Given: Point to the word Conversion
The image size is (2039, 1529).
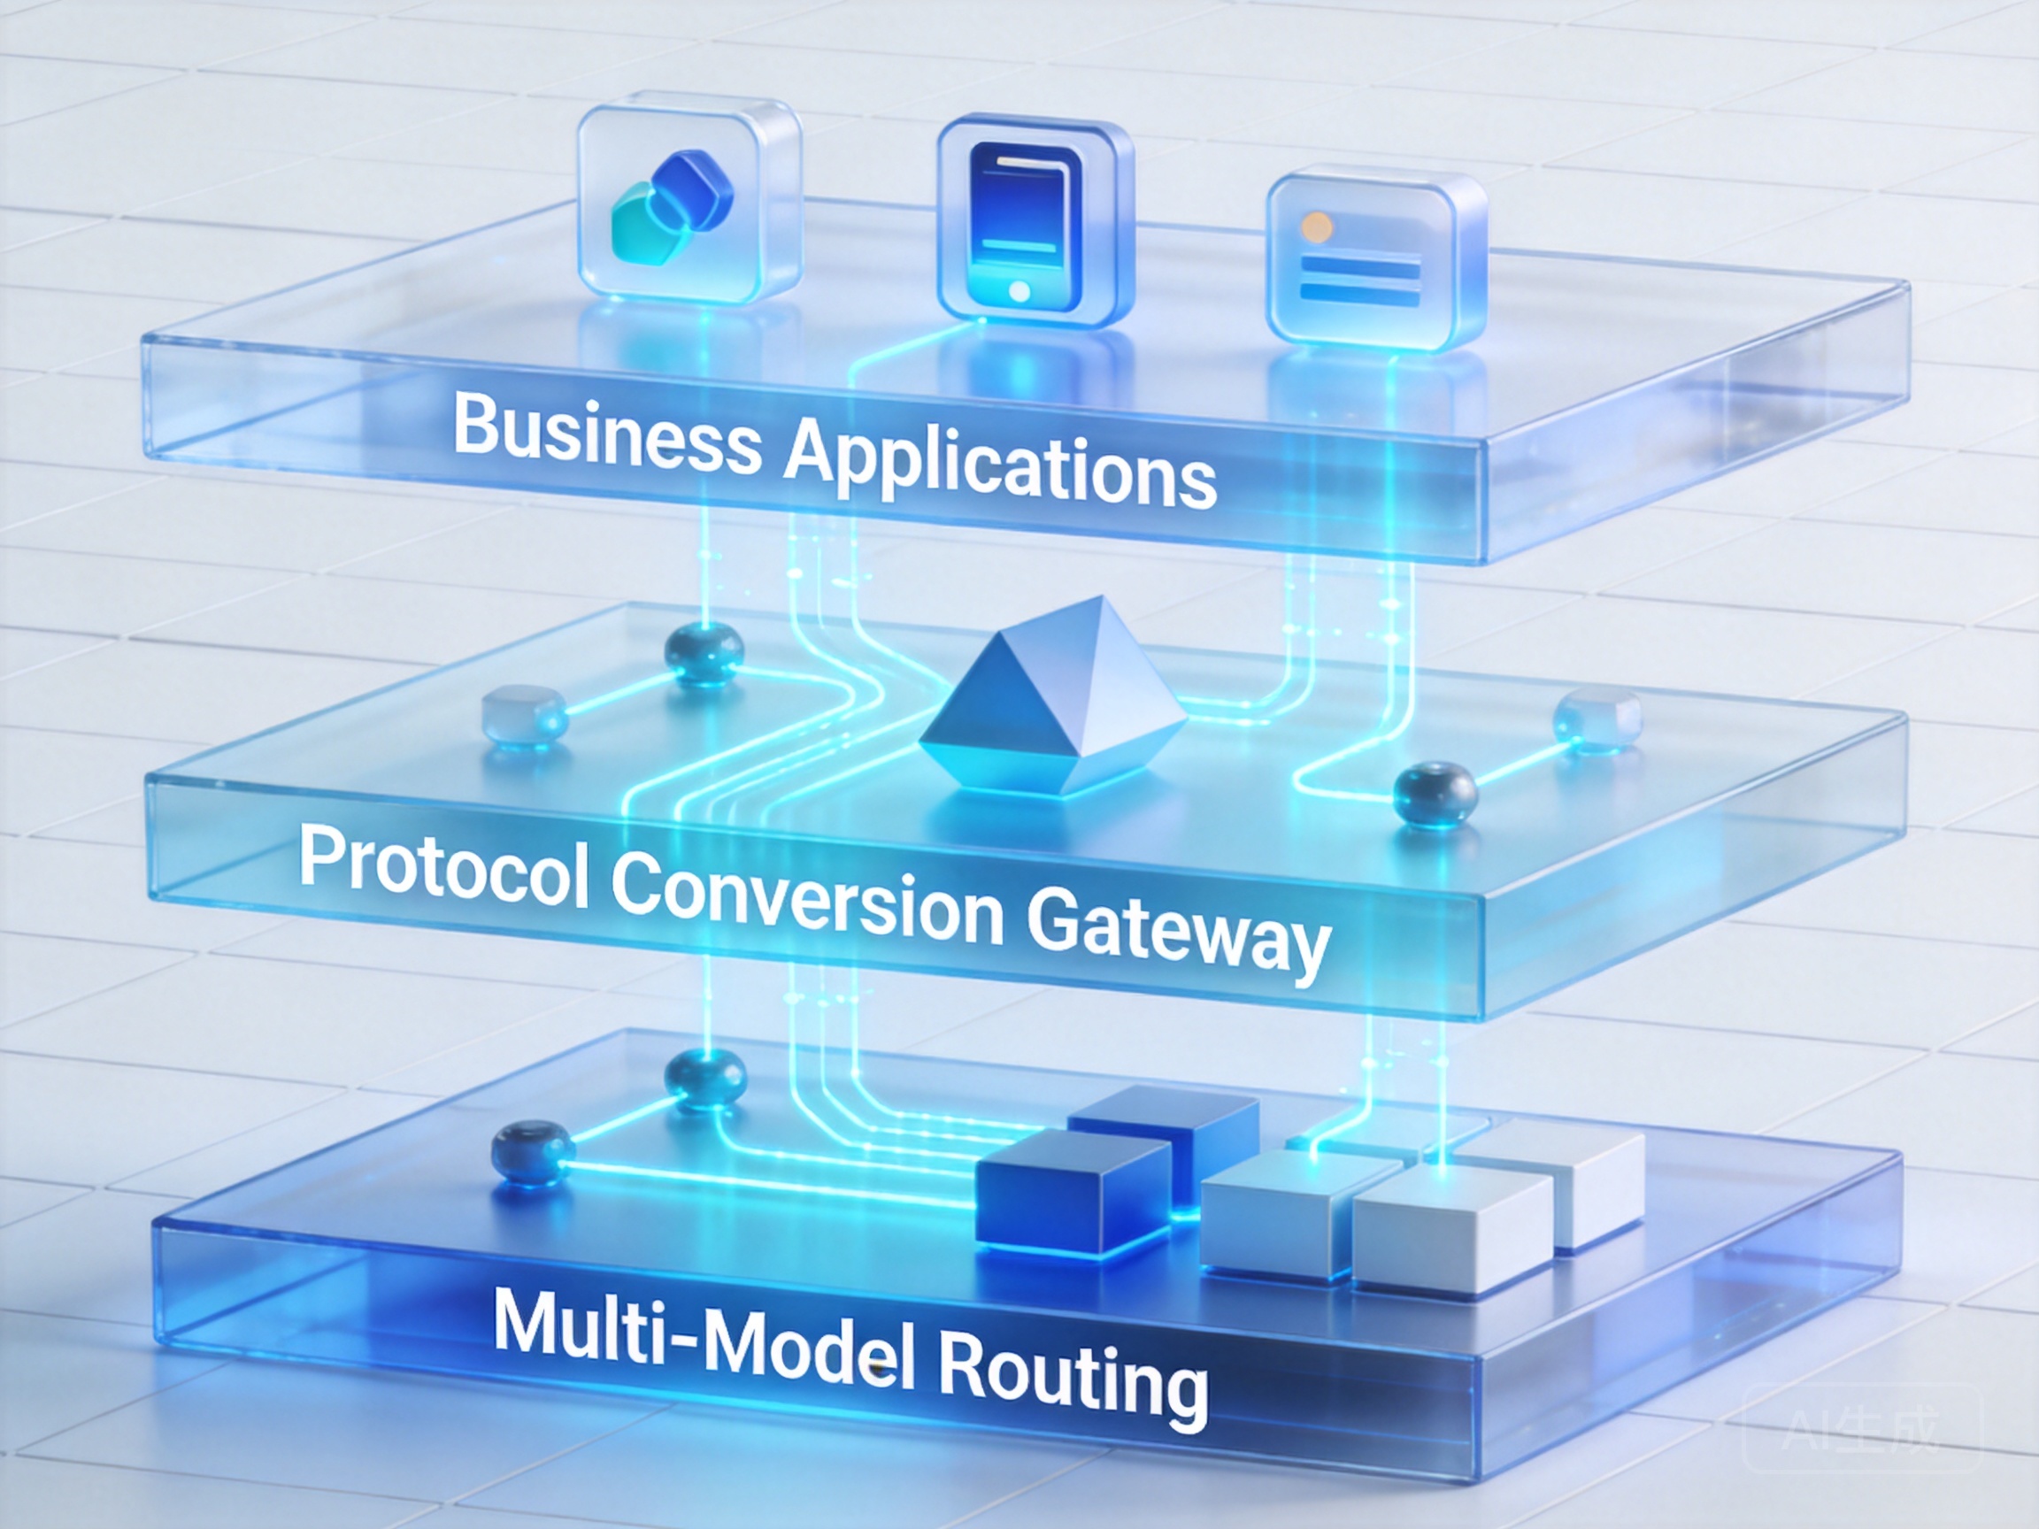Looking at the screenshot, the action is click(x=806, y=899).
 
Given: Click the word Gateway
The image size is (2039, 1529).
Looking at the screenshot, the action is click(x=1179, y=932).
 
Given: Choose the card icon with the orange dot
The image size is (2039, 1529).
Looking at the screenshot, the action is click(x=1376, y=259).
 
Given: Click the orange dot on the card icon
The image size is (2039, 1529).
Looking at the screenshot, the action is click(x=1316, y=226).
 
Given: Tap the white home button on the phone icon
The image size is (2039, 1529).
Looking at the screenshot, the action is click(x=1019, y=291).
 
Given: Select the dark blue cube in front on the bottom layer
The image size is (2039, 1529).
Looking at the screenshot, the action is click(x=1073, y=1193).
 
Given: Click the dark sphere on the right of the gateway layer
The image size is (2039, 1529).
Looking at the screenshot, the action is click(x=1435, y=794).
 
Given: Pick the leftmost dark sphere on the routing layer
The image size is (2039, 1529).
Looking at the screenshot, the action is click(x=532, y=1152).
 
